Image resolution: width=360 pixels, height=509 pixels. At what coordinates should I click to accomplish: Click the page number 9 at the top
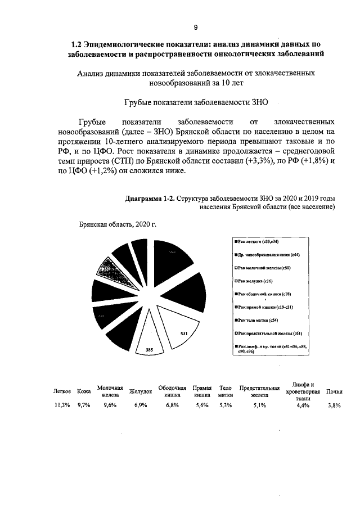[x=196, y=28]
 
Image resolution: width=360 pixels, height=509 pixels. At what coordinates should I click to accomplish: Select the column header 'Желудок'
[x=141, y=391]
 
